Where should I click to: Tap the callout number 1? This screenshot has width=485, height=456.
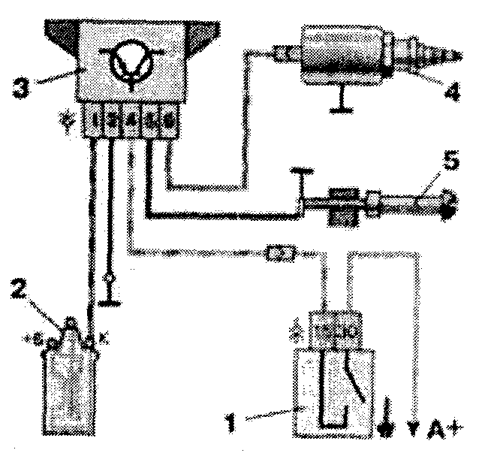[x=239, y=416]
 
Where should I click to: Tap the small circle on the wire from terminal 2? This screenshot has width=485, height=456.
[x=110, y=279]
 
